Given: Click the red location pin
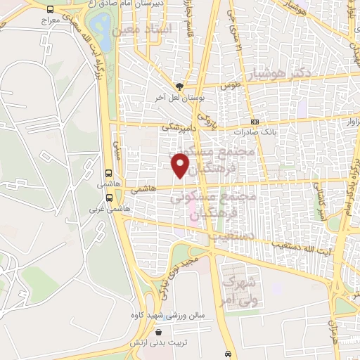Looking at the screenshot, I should pos(181,165).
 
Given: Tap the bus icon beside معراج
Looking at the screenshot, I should pos(50,10).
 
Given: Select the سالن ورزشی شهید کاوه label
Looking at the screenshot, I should pos(172,315).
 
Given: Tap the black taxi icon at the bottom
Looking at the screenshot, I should pos(228,353).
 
